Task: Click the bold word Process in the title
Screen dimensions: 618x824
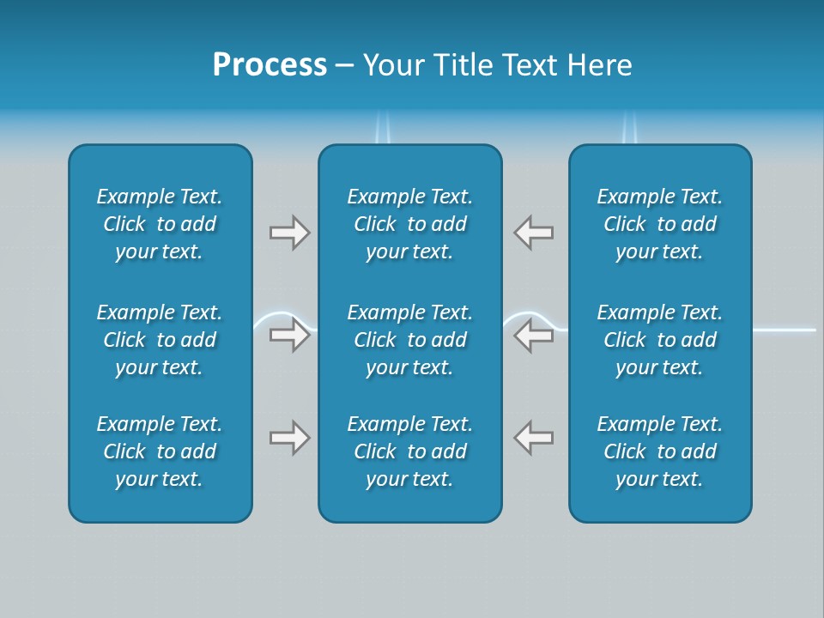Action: tap(270, 65)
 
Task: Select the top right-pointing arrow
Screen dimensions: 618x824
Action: tap(289, 233)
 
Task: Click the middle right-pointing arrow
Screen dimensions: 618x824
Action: tap(289, 336)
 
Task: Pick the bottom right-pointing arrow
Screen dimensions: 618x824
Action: tap(289, 438)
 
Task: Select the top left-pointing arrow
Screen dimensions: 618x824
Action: tap(534, 233)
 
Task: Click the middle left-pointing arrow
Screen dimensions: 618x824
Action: tap(534, 336)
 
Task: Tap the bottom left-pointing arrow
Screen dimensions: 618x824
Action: tap(534, 438)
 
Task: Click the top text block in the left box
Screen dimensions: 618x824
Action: tap(160, 224)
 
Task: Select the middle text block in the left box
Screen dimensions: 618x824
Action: tap(160, 340)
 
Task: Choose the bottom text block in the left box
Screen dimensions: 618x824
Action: tap(160, 451)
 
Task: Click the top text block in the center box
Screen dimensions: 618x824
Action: tap(410, 224)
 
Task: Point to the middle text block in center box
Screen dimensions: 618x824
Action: tap(410, 340)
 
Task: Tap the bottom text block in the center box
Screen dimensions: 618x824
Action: tap(410, 451)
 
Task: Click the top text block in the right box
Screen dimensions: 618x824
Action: tap(660, 224)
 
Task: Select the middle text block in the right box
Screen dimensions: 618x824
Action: tap(660, 340)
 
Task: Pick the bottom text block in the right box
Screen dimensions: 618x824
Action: tap(660, 451)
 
